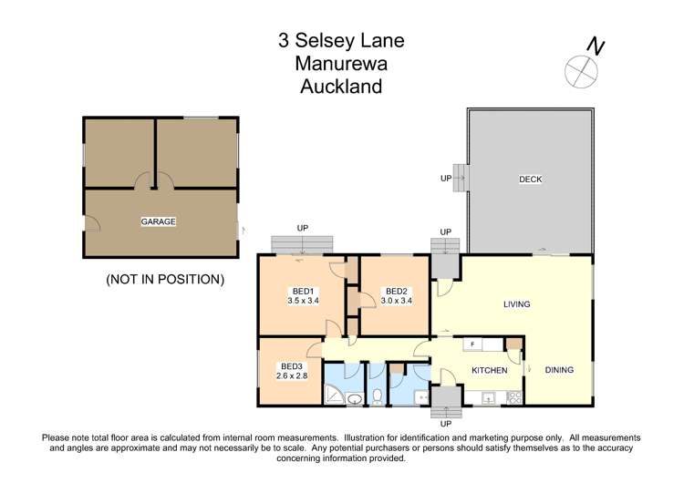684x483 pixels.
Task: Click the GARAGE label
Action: [158, 221]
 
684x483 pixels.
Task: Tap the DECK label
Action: [530, 180]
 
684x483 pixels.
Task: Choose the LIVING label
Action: [517, 303]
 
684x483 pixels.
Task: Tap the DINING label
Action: [559, 370]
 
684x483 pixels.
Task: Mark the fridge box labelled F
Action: [472, 344]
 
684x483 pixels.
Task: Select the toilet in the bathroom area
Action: [377, 397]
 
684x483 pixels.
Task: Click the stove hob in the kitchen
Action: [513, 397]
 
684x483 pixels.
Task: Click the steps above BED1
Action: [302, 244]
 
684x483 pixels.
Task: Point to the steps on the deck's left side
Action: [461, 179]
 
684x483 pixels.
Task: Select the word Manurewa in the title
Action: [341, 64]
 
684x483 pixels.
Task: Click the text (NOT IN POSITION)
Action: [165, 279]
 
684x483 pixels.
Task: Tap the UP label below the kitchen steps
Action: [446, 423]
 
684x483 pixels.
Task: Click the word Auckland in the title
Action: [341, 87]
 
